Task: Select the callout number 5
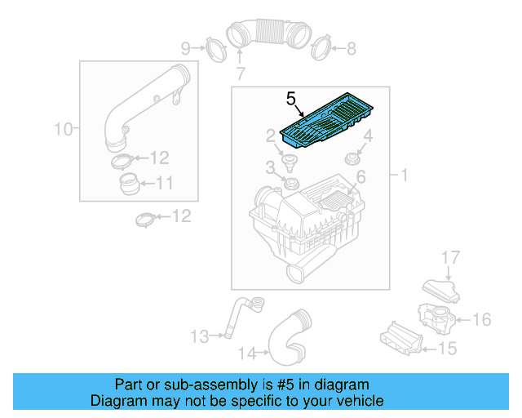(x=291, y=99)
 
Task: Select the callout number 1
(x=403, y=175)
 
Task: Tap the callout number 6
(x=361, y=177)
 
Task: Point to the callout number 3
(x=269, y=168)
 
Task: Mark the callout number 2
(x=269, y=135)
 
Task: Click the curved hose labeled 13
(x=238, y=317)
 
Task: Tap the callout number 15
(x=448, y=349)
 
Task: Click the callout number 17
(x=451, y=259)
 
